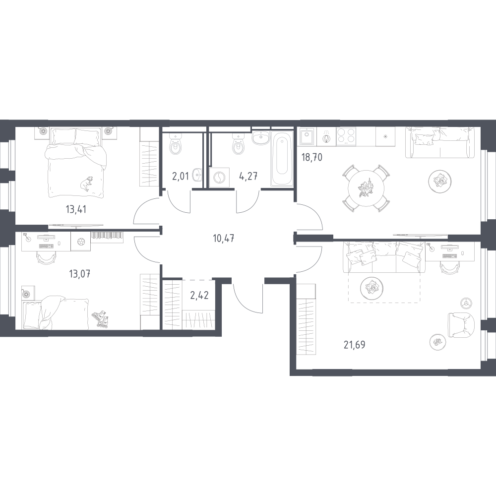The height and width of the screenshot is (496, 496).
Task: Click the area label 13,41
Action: (76, 209)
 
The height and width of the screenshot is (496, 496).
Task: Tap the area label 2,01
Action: (181, 176)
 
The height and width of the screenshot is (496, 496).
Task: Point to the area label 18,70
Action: (311, 157)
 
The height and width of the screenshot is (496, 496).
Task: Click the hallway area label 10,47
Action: (224, 238)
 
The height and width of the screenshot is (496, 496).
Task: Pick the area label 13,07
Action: (80, 273)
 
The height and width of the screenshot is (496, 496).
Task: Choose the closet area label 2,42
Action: (199, 295)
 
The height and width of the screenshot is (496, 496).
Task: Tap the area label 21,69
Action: (354, 345)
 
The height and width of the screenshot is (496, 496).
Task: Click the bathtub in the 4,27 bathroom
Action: (282, 158)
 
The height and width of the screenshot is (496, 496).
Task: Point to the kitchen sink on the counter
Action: (307, 137)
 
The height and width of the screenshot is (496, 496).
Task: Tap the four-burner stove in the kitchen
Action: (346, 136)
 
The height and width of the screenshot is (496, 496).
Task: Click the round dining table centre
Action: (366, 188)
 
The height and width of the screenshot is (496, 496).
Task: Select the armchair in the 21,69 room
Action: (461, 325)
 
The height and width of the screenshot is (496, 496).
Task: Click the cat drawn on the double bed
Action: (86, 183)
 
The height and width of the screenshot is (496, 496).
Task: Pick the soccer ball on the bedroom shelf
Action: (81, 242)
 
